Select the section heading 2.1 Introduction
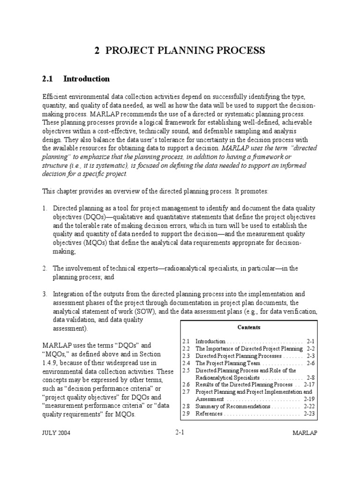coord(76,79)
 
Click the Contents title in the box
coord(249,327)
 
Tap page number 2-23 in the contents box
coord(309,414)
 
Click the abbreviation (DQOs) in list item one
coord(81,217)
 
